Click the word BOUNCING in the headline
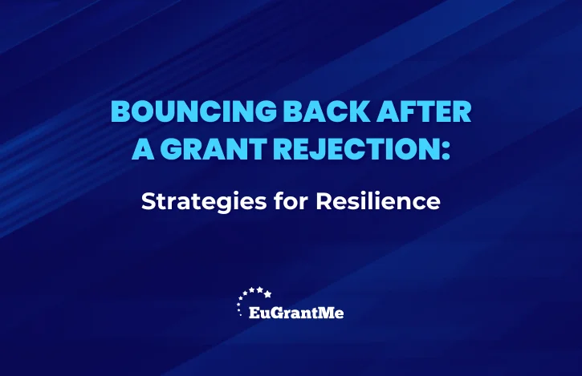[x=193, y=111]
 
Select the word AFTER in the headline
[x=424, y=111]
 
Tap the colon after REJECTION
[x=446, y=152]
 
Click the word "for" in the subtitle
[x=291, y=201]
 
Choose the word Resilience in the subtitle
[x=378, y=201]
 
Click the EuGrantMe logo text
[x=296, y=313]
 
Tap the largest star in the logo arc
[x=267, y=294]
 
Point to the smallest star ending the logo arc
[x=241, y=315]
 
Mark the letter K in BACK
[x=359, y=111]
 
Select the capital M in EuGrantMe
[x=327, y=313]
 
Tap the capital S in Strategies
[x=149, y=201]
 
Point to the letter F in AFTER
[x=408, y=111]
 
